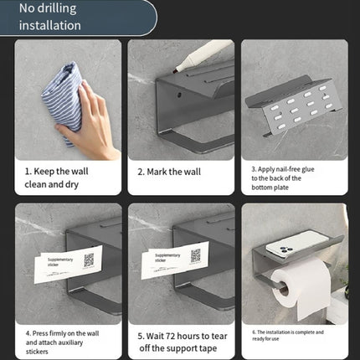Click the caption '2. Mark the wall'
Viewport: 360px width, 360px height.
pos(171,171)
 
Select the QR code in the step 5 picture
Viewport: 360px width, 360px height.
pos(196,256)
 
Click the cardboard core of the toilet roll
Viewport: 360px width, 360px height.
pos(283,293)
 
